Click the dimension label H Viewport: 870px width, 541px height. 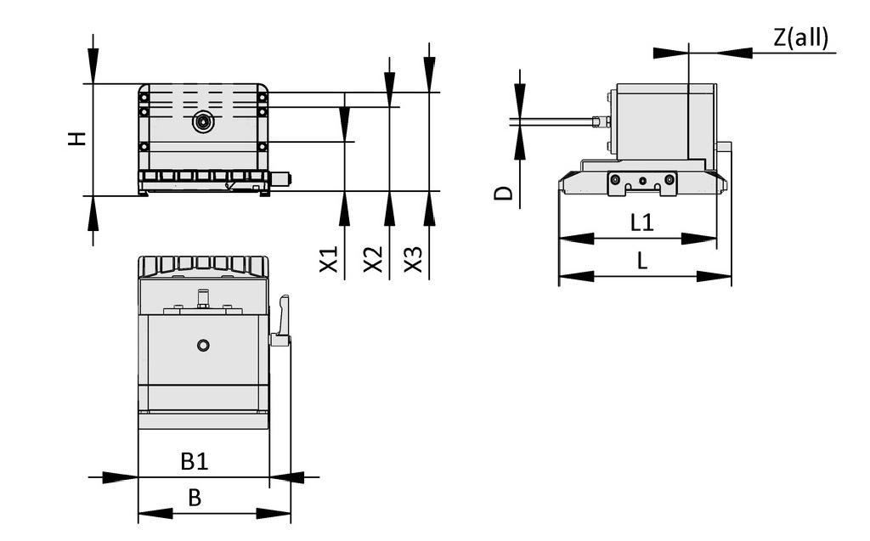click(77, 138)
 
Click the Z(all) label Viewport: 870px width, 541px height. click(799, 38)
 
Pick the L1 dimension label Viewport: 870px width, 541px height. click(641, 223)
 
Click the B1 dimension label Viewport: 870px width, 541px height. click(195, 462)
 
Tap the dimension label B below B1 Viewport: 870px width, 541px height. click(195, 498)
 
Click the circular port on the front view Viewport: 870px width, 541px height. click(203, 122)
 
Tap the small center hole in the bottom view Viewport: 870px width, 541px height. click(202, 345)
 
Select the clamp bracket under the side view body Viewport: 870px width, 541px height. click(642, 183)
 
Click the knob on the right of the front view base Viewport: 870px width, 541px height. click(281, 179)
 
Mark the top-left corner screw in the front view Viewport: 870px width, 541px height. click(144, 98)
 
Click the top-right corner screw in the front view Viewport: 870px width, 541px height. click(263, 98)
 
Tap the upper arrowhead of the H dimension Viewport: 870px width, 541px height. click(93, 67)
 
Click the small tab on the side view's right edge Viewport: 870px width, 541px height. click(725, 147)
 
